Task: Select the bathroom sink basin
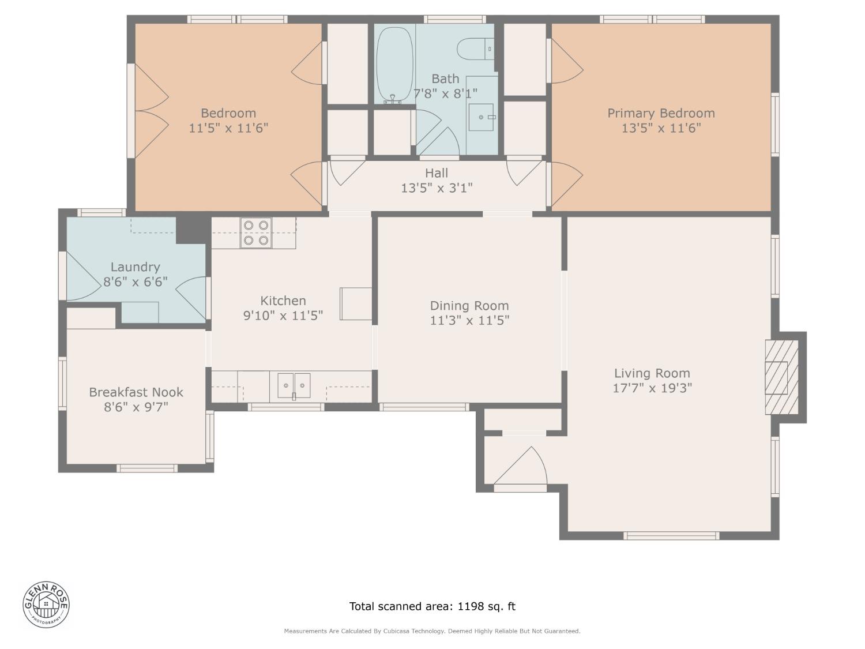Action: click(x=480, y=117)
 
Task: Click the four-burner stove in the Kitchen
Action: click(x=256, y=233)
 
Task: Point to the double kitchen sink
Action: click(x=294, y=385)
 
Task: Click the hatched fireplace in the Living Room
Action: click(x=781, y=377)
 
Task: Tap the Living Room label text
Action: click(x=652, y=373)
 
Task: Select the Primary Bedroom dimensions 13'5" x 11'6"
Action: click(x=661, y=128)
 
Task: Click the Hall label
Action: click(x=437, y=173)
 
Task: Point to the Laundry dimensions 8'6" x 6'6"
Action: click(x=136, y=282)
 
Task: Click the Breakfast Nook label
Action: click(x=136, y=392)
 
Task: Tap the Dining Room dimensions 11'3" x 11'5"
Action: click(x=469, y=320)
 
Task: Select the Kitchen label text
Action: click(x=283, y=301)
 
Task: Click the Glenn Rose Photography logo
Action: click(x=46, y=604)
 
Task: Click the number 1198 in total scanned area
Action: click(x=471, y=606)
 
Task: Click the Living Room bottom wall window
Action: click(x=672, y=536)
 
